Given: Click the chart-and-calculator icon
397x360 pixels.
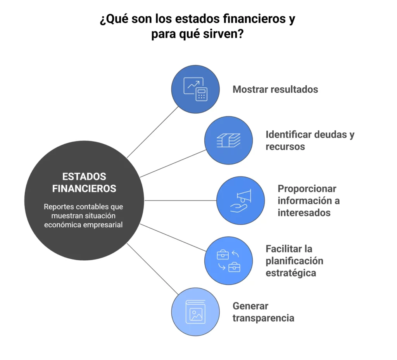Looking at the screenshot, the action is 195,89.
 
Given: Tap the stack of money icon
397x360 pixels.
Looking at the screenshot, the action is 228,140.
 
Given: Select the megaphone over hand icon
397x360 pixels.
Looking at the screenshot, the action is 240,201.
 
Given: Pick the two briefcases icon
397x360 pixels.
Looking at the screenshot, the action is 228,261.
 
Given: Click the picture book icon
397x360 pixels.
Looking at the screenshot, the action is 195,312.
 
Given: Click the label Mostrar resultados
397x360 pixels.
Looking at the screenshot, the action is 275,90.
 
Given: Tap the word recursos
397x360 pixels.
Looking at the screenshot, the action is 285,147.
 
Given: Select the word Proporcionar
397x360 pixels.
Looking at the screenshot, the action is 307,189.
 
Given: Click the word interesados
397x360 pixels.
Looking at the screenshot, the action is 304,213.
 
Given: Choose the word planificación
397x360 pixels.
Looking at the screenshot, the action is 295,261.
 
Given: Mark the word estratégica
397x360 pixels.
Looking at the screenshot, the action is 291,273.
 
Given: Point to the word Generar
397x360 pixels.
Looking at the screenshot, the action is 250,306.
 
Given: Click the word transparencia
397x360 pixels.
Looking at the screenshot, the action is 263,318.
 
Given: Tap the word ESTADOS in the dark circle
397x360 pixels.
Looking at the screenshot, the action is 84,177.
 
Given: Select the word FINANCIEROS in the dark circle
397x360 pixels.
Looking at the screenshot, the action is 84,189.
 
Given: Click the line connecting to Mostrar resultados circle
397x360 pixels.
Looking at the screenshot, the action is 153,132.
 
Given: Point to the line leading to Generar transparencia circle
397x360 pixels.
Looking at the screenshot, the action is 153,269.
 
